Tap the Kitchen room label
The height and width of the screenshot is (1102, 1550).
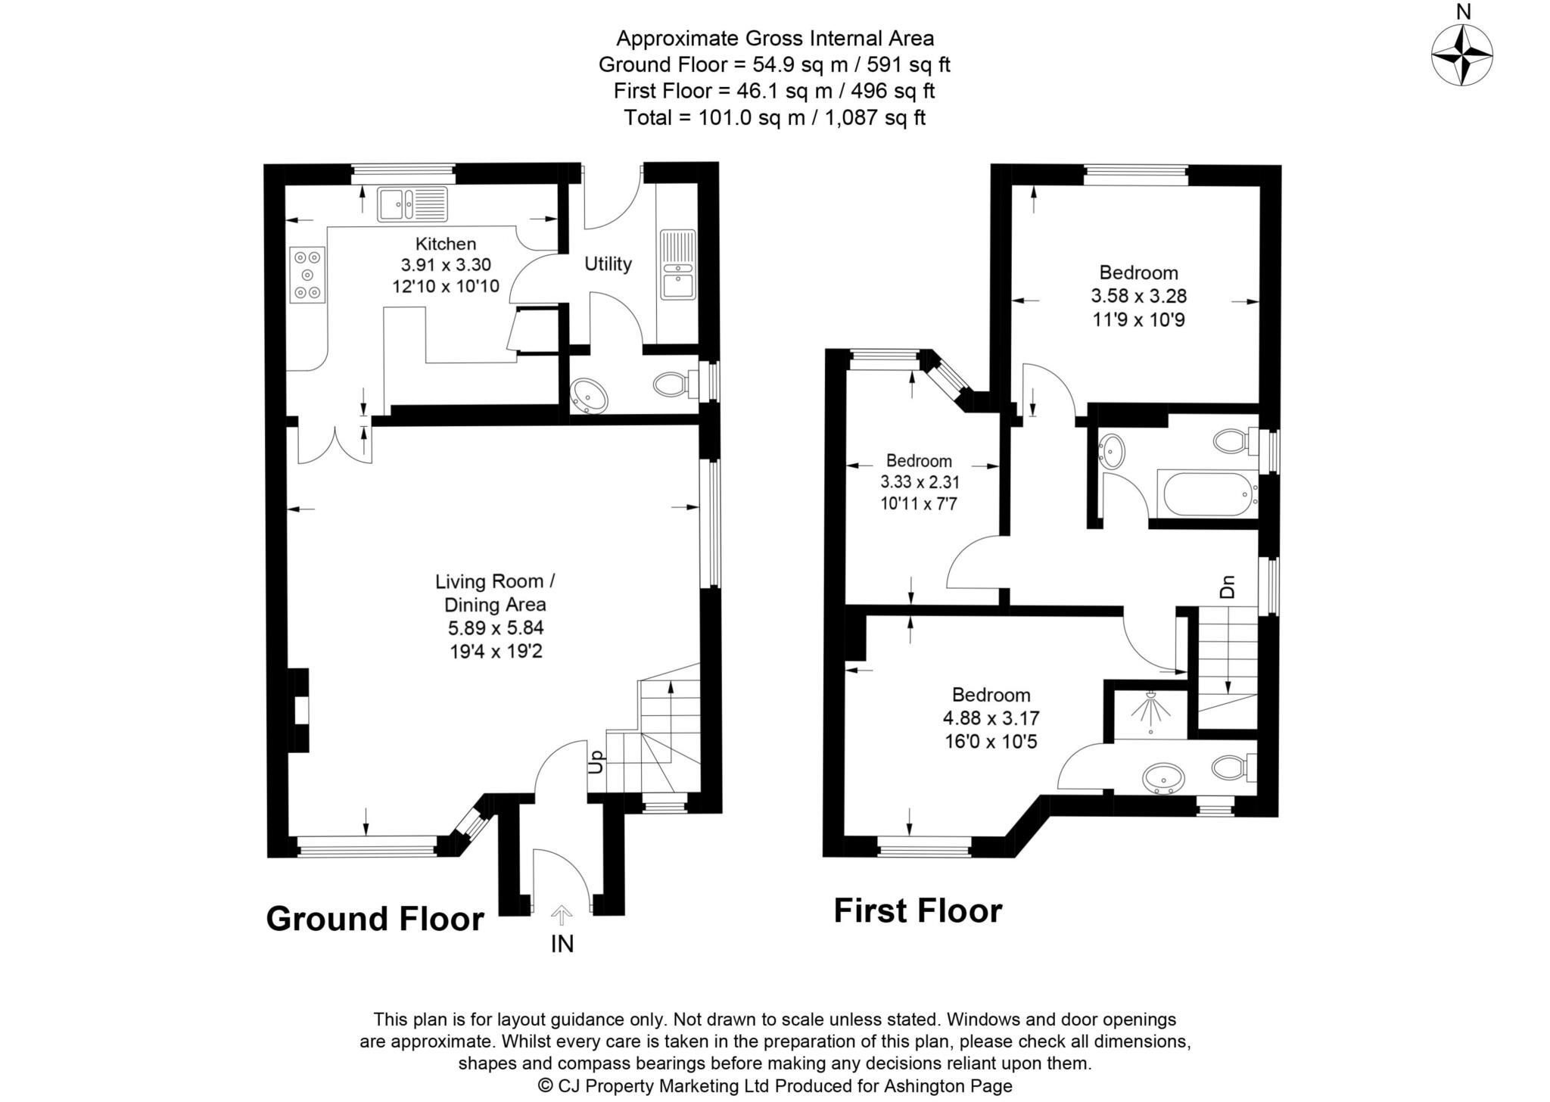[x=446, y=244]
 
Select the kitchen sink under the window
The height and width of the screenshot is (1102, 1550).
[x=412, y=204]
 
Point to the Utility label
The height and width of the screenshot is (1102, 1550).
[x=608, y=264]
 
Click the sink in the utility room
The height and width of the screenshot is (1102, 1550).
[x=677, y=265]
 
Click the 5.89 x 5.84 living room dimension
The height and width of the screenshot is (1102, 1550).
[x=496, y=627]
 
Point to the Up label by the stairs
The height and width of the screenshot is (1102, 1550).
[x=596, y=761]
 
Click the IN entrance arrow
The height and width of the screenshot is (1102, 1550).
[x=561, y=917]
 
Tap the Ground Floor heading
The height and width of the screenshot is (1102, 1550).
[x=375, y=919]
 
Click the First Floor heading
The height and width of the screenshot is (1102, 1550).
[x=917, y=911]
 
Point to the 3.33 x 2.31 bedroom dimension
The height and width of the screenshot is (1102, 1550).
[x=919, y=481]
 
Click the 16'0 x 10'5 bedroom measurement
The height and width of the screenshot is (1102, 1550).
[x=990, y=741]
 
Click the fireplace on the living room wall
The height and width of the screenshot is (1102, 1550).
[x=300, y=710]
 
